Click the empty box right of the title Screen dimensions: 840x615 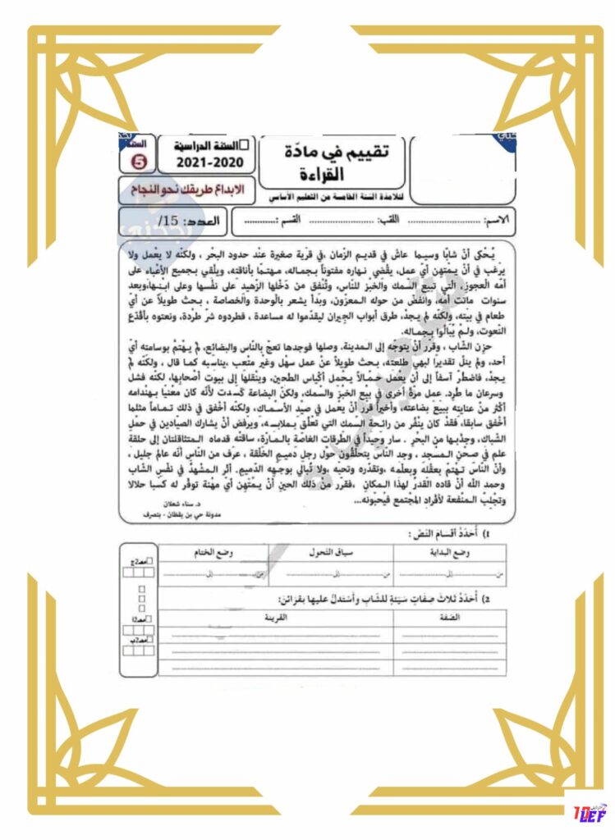click(x=461, y=168)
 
